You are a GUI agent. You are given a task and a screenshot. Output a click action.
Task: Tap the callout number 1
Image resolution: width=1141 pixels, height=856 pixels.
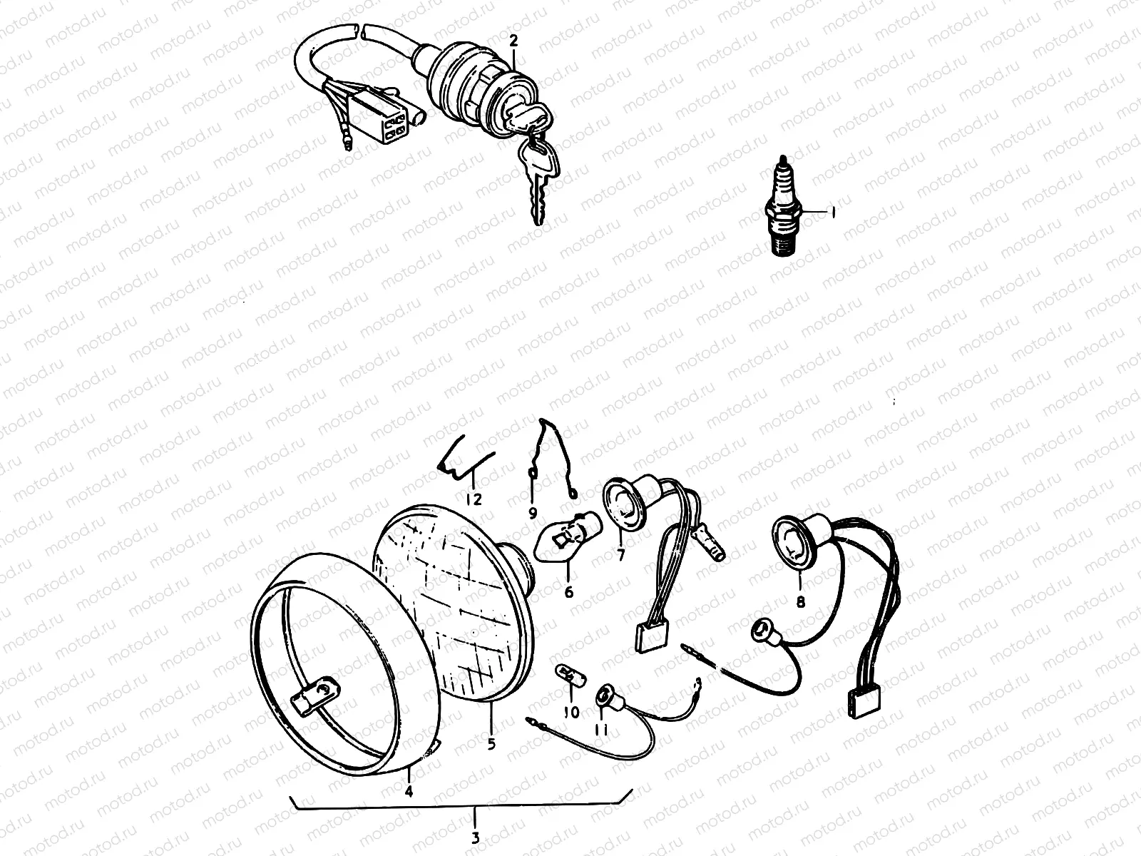point(833,212)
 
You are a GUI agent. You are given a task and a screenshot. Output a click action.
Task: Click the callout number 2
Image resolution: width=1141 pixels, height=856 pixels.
point(513,41)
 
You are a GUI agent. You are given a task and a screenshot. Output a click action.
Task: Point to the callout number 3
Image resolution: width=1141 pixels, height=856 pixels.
point(475,838)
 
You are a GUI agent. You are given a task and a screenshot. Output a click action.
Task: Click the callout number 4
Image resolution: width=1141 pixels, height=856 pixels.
point(409,791)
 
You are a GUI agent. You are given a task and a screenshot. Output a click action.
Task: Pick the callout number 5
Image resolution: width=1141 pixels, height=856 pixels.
point(491,744)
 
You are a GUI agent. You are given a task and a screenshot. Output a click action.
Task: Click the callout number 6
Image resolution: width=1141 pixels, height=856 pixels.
point(568,592)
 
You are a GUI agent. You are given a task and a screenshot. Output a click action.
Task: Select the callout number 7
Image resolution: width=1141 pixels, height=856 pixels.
point(620,556)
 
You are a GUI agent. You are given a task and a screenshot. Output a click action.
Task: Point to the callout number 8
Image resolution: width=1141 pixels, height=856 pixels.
point(801,602)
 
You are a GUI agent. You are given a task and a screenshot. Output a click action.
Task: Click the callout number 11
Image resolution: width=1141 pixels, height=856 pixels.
point(601,730)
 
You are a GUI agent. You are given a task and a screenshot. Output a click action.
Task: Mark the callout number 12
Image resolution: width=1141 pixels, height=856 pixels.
point(474,499)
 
